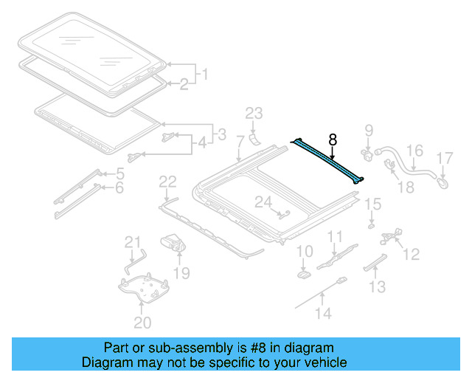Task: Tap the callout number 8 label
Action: (333, 138)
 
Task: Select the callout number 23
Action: (254, 113)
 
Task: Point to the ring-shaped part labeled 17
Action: (443, 179)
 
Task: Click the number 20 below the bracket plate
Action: (142, 322)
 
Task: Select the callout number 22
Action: (167, 182)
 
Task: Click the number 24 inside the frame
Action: (263, 201)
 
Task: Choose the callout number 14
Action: (324, 313)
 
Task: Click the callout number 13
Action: (377, 286)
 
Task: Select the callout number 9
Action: (369, 133)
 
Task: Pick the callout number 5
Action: (120, 174)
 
